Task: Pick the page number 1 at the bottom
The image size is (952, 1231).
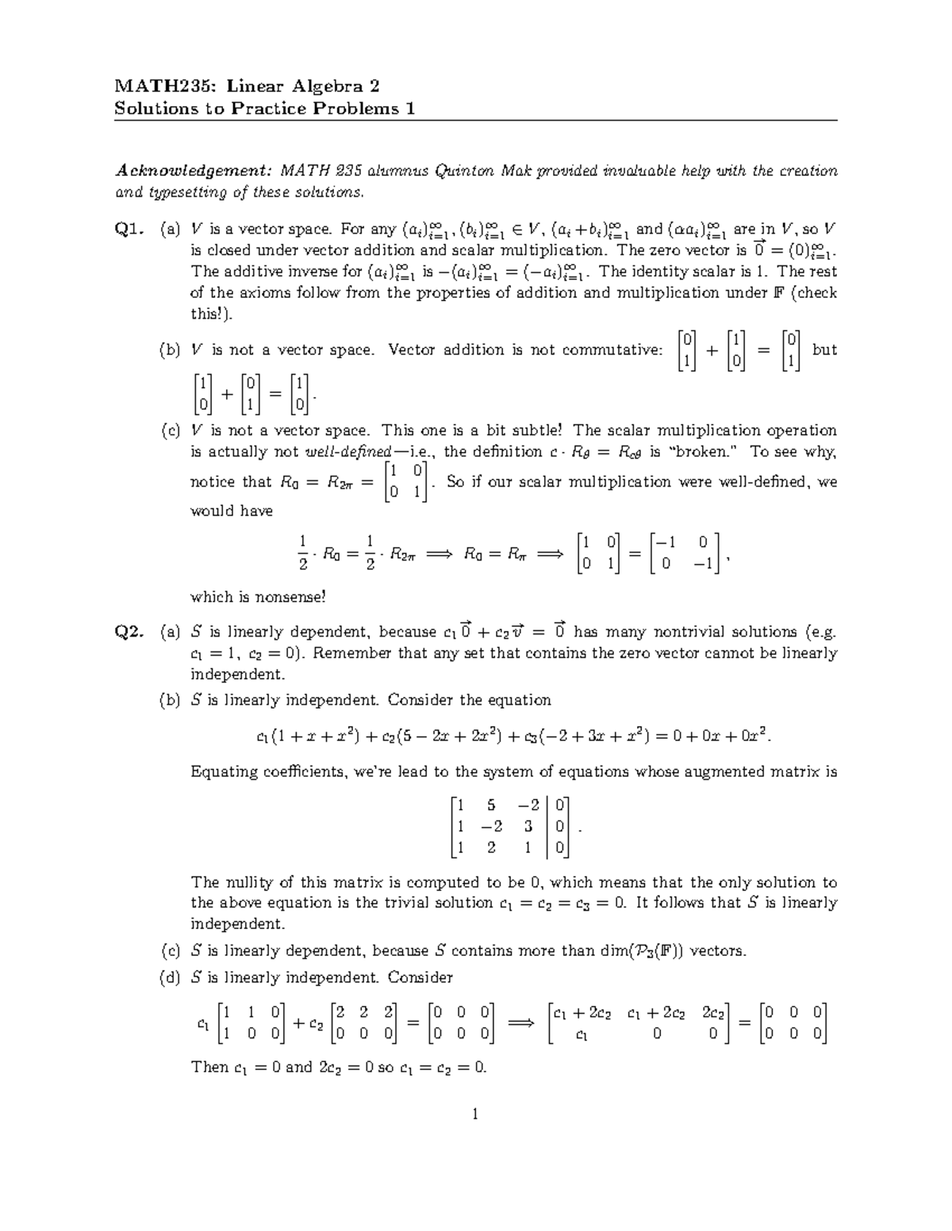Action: point(475,1115)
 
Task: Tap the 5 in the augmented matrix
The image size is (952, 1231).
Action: point(491,806)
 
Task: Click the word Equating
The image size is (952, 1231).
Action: point(225,771)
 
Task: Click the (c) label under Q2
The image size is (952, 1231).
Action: point(170,950)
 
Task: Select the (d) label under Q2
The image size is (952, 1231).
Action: point(170,977)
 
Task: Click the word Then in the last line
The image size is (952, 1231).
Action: point(209,1067)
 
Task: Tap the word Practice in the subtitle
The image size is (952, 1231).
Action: point(270,109)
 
